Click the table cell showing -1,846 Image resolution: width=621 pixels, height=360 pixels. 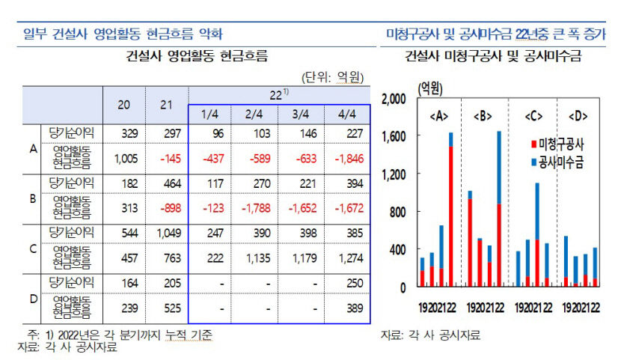(346, 159)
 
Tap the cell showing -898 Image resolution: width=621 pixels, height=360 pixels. (167, 207)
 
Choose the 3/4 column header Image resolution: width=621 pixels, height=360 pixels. (301, 114)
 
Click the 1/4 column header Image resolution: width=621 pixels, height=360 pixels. (210, 114)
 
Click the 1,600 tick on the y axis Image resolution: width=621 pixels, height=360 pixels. (394, 137)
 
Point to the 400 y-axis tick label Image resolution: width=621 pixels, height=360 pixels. (398, 250)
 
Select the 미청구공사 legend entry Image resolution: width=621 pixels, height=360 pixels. (557, 143)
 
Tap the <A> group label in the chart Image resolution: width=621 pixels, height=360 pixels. (440, 116)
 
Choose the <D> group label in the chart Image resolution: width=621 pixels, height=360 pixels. (578, 116)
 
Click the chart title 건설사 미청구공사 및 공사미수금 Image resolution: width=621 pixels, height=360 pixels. (493, 56)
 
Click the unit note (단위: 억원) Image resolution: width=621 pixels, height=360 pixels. (332, 76)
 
